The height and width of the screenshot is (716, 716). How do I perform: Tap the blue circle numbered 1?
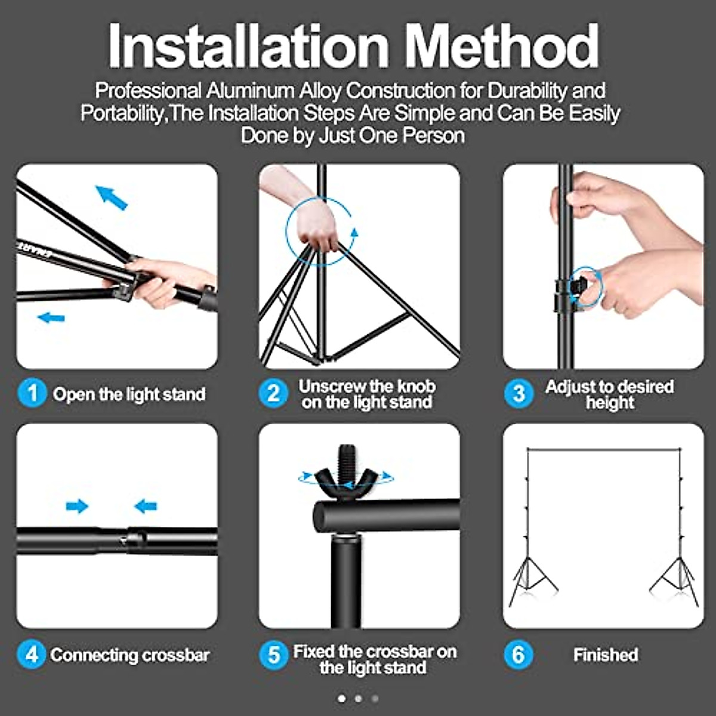tap(32, 394)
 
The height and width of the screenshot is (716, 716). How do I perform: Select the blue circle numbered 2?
tap(273, 394)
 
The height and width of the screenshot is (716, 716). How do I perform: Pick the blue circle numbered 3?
tap(519, 394)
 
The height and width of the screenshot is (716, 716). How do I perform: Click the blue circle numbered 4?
tap(32, 655)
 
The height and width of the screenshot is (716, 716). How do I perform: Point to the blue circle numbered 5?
tap(273, 655)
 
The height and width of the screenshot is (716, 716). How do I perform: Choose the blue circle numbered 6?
tap(519, 655)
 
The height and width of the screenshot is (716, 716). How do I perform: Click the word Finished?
tap(606, 655)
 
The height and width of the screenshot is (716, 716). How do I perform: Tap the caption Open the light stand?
tap(129, 394)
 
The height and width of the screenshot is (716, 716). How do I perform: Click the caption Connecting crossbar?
tap(130, 655)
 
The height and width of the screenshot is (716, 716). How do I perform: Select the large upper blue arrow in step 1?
tap(112, 197)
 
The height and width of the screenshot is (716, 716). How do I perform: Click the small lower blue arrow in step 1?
tap(51, 317)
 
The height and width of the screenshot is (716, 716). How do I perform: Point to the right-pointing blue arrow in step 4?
tap(77, 507)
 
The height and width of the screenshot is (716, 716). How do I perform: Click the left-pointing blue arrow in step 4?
tap(146, 507)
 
